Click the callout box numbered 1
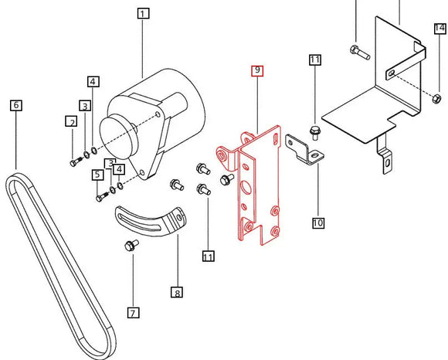(x=143, y=13)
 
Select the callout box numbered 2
(x=71, y=121)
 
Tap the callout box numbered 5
(x=98, y=175)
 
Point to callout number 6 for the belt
(x=16, y=104)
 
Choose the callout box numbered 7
(x=133, y=313)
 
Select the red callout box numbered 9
(x=257, y=71)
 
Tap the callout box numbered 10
(x=317, y=223)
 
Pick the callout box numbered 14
(x=440, y=29)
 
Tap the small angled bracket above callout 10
(x=304, y=150)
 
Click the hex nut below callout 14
(x=436, y=97)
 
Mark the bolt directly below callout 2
(x=76, y=162)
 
